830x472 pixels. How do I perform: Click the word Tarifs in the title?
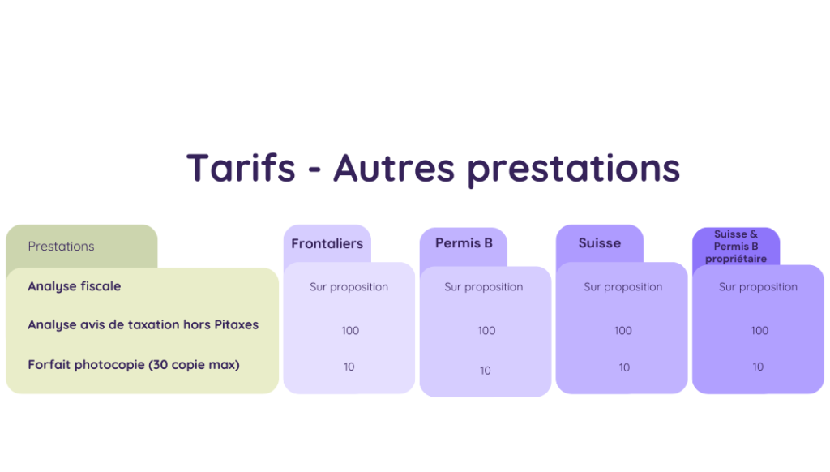pos(241,167)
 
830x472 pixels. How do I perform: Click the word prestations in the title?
pos(573,169)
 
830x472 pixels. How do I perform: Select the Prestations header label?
pos(61,247)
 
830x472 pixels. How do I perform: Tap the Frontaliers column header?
pos(327,243)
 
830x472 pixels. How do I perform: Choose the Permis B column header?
pos(464,243)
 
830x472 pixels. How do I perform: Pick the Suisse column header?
pos(600,243)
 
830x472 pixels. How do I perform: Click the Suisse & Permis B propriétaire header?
pos(736,247)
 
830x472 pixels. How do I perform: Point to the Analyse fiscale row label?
pos(74,286)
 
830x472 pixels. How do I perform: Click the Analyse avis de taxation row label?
pos(143,324)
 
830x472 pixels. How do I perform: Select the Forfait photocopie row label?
pos(134,365)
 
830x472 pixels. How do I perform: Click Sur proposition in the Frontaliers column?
pos(349,287)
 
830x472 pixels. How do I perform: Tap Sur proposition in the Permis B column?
pos(484,287)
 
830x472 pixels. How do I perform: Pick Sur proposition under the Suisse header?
pos(623,287)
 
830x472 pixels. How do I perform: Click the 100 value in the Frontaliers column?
pos(350,331)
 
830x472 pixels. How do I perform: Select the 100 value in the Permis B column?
pos(486,331)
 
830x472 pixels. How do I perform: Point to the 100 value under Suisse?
pos(623,331)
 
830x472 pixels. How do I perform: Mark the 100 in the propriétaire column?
pos(759,331)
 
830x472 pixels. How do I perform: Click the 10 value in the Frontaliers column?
pos(349,367)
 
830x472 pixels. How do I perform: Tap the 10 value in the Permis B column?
pos(486,371)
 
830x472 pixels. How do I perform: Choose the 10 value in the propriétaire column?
pos(758,367)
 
